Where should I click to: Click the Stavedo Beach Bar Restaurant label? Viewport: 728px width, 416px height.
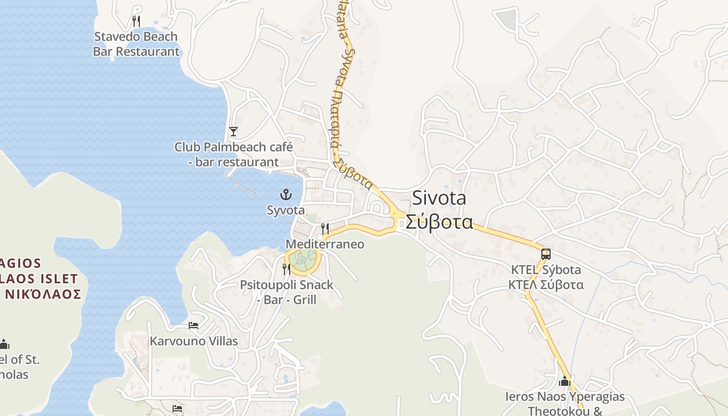(x=136, y=44)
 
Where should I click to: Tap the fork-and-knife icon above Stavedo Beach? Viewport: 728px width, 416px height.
(x=136, y=21)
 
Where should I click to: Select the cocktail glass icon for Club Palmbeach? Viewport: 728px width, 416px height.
(x=233, y=131)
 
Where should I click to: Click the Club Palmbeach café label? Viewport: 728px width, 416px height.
(x=233, y=154)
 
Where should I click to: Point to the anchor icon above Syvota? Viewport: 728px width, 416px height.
(x=285, y=195)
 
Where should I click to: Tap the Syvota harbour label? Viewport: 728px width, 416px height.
(x=285, y=211)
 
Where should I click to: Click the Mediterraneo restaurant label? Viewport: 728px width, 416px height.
(x=325, y=244)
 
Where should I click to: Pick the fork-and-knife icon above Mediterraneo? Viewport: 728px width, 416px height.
(x=325, y=228)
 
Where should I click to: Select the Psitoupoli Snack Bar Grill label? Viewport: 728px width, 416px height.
(x=287, y=292)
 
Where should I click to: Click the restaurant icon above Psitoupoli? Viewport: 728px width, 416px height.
(x=287, y=269)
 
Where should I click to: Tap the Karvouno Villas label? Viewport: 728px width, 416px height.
(x=193, y=342)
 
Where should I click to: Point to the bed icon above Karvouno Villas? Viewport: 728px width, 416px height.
(x=193, y=326)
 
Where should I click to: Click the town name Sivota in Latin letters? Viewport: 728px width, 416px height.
(x=439, y=198)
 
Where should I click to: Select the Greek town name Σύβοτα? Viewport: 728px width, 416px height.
(x=439, y=222)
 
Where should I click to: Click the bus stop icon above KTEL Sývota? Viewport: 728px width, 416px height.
(x=545, y=254)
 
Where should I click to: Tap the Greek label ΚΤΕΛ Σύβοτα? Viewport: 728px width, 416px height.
(x=545, y=285)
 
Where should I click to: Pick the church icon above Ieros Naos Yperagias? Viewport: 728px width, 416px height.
(x=565, y=382)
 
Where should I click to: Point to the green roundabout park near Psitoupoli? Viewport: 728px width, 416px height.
(x=303, y=259)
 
